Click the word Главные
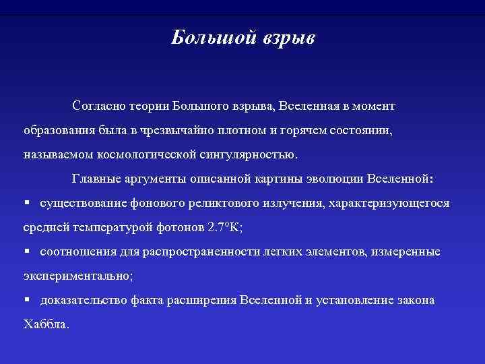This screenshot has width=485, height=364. click(96, 179)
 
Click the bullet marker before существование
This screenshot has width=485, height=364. click(28, 203)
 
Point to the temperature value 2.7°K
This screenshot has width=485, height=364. click(224, 227)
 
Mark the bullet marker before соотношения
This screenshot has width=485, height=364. click(28, 251)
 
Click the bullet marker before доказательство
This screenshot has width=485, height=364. click(28, 300)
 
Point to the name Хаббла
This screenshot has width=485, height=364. click(45, 324)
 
